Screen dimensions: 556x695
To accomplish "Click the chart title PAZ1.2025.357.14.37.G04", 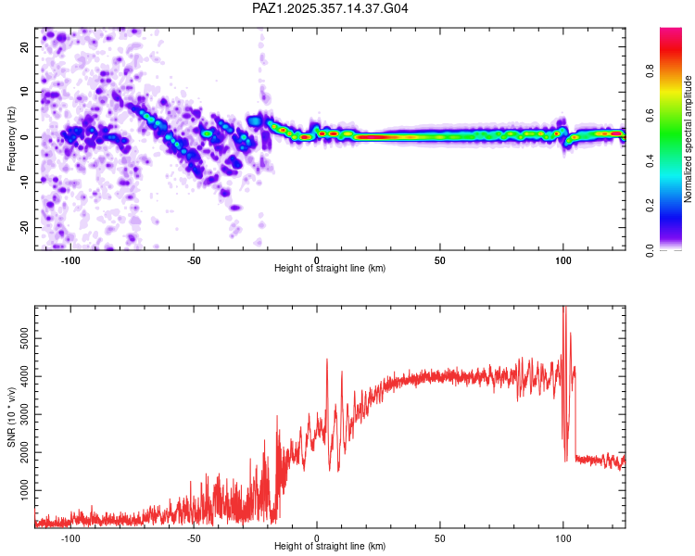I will click(330, 8).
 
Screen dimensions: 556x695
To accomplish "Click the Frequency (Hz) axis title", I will click(11, 138).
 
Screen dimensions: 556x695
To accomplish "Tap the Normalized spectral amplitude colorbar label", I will click(689, 138).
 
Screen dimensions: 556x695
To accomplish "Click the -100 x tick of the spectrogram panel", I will click(69, 259).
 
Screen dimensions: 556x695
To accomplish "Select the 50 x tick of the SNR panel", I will click(440, 537).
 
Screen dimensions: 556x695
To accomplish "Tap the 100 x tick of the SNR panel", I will click(563, 537).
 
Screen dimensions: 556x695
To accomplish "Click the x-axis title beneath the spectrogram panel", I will click(330, 269).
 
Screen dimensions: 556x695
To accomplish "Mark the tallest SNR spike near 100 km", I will click(564, 310).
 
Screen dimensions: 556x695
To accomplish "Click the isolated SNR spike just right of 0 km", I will click(327, 360).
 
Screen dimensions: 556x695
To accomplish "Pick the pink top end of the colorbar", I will click(670, 32).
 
